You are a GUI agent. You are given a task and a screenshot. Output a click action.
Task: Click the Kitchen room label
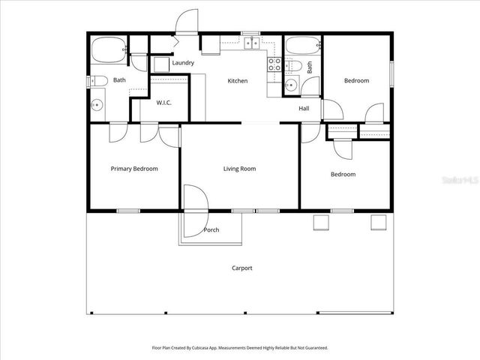(x=238, y=81)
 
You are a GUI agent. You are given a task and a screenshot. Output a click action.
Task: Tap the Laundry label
(x=183, y=63)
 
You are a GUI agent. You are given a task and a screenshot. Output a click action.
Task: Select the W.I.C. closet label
(x=164, y=103)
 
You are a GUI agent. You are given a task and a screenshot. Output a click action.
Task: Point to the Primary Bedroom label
(x=134, y=169)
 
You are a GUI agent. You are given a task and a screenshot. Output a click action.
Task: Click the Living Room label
(x=239, y=169)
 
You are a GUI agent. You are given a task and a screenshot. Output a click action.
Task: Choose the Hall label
(x=304, y=109)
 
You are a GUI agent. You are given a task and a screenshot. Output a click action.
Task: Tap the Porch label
(x=211, y=229)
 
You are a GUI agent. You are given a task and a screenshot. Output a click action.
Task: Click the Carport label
(x=241, y=268)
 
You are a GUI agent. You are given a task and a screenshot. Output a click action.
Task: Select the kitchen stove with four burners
(x=274, y=64)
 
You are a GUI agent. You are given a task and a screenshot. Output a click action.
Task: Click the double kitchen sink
(x=250, y=44)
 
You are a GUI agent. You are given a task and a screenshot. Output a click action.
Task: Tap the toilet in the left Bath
(x=97, y=81)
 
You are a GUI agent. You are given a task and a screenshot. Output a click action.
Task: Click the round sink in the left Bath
(x=96, y=105)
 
